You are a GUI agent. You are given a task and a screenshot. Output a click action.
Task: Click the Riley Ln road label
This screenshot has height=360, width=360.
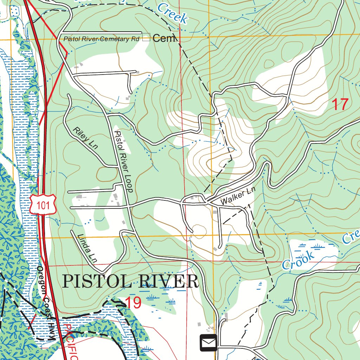[x=85, y=139]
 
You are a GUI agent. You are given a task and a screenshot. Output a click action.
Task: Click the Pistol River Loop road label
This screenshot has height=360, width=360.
[x=124, y=161]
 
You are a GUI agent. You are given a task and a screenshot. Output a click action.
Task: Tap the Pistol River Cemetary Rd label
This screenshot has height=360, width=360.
[x=101, y=39]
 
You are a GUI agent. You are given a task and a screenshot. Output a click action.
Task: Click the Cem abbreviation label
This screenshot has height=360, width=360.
[x=164, y=38]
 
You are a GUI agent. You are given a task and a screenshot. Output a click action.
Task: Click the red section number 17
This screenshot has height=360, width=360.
[x=340, y=104]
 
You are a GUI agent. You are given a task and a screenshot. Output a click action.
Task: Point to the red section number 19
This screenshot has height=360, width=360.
[x=133, y=302]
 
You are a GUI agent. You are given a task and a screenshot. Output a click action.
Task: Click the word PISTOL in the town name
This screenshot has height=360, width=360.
[x=94, y=282]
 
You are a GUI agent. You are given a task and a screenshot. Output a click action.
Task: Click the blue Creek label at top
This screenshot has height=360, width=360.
[x=172, y=13]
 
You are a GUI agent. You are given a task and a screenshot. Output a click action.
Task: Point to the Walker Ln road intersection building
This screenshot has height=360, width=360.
[x=215, y=212]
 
